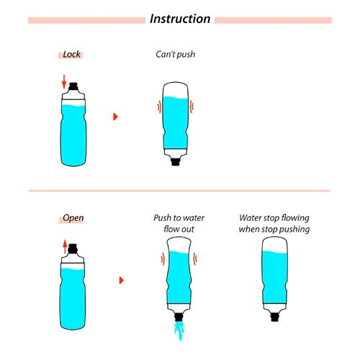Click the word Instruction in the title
point(180,19)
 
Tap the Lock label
point(71,55)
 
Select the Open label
point(73,218)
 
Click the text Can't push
point(175,55)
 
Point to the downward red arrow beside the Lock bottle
point(64,81)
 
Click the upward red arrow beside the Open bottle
point(65,246)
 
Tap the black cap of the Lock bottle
point(73,86)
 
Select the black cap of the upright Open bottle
point(73,248)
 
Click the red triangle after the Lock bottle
point(115,117)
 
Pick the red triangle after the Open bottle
point(122,280)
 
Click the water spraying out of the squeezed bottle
point(179,330)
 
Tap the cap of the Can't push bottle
point(176,161)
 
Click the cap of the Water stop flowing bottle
point(274,317)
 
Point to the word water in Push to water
point(194,218)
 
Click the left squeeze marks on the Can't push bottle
point(159,107)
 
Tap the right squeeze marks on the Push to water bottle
point(195,258)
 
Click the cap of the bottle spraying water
point(179,317)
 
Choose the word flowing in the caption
point(295,218)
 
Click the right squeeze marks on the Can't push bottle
point(192,107)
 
